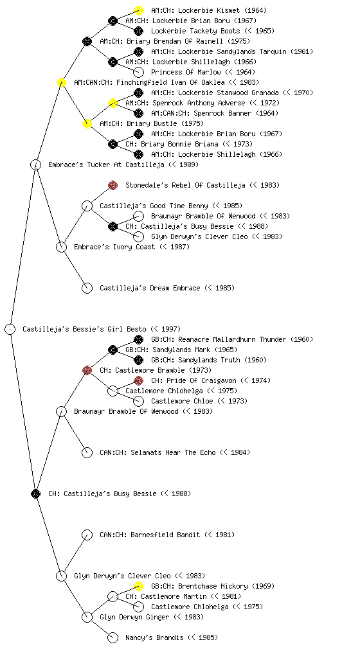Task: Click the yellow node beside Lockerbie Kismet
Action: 138,10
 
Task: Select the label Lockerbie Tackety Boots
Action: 195,31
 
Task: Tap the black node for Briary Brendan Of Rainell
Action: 87,41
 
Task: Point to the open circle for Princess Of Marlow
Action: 138,72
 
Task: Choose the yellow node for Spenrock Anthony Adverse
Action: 113,103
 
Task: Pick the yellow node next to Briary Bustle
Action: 87,123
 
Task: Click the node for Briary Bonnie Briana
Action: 113,144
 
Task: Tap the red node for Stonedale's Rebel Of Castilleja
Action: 113,185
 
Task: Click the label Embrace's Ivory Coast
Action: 114,247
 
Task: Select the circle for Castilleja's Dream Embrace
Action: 87,288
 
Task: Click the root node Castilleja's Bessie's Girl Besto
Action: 10,329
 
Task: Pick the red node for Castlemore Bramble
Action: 87,370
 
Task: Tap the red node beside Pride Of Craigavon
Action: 138,380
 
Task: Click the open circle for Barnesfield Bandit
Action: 87,535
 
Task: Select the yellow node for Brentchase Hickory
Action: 138,586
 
